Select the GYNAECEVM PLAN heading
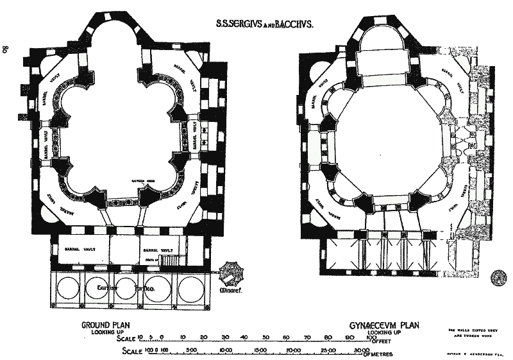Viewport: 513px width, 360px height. pyautogui.click(x=383, y=325)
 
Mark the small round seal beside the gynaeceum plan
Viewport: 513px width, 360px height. pyautogui.click(x=497, y=277)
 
